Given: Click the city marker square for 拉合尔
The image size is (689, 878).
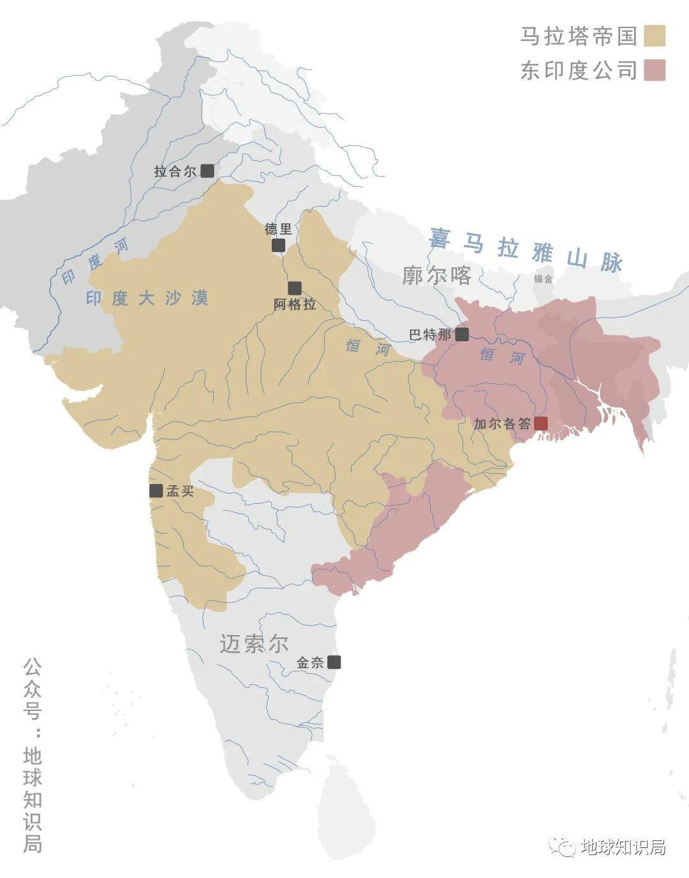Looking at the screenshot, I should [207, 171].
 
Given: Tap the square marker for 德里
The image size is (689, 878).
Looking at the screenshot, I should [278, 245].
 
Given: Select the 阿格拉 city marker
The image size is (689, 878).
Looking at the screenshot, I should [294, 288].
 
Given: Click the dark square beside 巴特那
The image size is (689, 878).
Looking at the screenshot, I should [462, 334].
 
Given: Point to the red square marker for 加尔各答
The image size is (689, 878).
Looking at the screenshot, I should [541, 423].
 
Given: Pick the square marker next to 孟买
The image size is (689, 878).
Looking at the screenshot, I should [156, 490].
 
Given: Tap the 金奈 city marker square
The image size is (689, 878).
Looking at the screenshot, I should [334, 662].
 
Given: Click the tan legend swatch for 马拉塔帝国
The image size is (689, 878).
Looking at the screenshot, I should [655, 36].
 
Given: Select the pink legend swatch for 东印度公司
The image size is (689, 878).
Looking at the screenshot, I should [655, 70].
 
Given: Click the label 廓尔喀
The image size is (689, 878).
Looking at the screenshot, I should [437, 275].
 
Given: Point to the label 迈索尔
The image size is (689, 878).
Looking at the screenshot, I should [254, 644].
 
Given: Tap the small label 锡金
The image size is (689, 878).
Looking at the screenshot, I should [544, 279].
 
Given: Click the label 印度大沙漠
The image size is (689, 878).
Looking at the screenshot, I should [147, 298].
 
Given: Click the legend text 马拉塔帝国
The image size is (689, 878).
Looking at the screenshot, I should [579, 36].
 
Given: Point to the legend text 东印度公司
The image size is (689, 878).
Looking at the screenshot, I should [579, 70].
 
